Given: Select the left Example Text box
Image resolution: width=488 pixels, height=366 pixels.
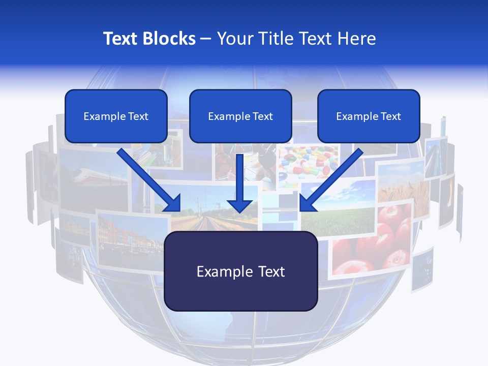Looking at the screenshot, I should (x=116, y=116).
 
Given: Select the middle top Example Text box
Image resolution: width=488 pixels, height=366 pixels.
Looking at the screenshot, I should (x=240, y=116).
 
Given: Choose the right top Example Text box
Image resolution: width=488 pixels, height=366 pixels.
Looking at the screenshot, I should (x=369, y=116).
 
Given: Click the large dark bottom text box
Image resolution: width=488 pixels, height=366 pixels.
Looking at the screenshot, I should (x=241, y=271).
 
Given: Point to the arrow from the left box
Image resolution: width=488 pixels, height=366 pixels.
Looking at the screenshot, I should (x=150, y=180).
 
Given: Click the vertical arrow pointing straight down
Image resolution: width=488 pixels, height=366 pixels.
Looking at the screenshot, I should (x=240, y=183).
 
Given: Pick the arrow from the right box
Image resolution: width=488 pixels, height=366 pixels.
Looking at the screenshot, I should (x=330, y=180).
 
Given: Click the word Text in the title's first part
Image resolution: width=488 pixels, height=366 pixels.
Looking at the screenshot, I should (x=121, y=39).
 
